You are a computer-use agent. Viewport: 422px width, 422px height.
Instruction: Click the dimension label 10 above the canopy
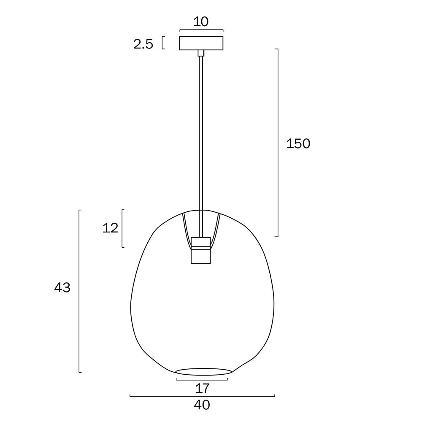(x=201, y=22)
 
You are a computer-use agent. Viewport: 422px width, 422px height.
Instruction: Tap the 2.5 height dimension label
(x=143, y=44)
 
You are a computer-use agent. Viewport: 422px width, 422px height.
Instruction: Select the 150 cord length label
(x=298, y=144)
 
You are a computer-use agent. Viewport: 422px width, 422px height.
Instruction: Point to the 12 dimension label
(x=110, y=228)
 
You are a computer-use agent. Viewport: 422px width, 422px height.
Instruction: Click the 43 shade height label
(x=62, y=288)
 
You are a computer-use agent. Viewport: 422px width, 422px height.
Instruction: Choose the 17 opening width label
(x=202, y=387)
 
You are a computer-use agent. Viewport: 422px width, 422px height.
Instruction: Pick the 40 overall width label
(x=202, y=405)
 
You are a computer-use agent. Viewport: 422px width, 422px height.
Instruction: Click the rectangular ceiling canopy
(x=201, y=43)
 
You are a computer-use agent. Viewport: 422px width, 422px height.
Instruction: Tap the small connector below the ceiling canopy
(x=201, y=53)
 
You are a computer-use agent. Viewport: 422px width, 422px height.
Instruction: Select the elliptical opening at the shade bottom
(x=203, y=371)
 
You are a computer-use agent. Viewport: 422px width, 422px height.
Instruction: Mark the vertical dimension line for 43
(x=79, y=291)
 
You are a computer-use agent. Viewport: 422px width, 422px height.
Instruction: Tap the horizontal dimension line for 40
(x=202, y=396)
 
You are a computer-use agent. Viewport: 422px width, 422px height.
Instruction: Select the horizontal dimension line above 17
(x=202, y=379)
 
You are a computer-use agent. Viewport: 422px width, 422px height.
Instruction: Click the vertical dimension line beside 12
(x=122, y=228)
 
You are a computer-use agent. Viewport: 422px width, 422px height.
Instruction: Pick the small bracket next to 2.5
(x=163, y=43)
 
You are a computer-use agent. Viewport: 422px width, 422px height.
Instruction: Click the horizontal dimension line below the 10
(x=201, y=30)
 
